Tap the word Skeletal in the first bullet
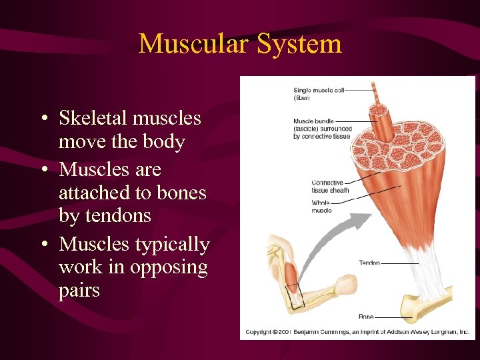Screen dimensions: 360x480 coord(93,118)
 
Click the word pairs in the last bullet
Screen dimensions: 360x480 coord(79,291)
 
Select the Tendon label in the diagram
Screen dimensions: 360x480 coord(369,263)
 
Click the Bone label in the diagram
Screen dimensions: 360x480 coord(366,317)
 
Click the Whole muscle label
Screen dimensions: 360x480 coord(321,207)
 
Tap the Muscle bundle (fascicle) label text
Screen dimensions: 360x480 coord(321,129)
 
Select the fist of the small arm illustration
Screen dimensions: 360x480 coord(347,285)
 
